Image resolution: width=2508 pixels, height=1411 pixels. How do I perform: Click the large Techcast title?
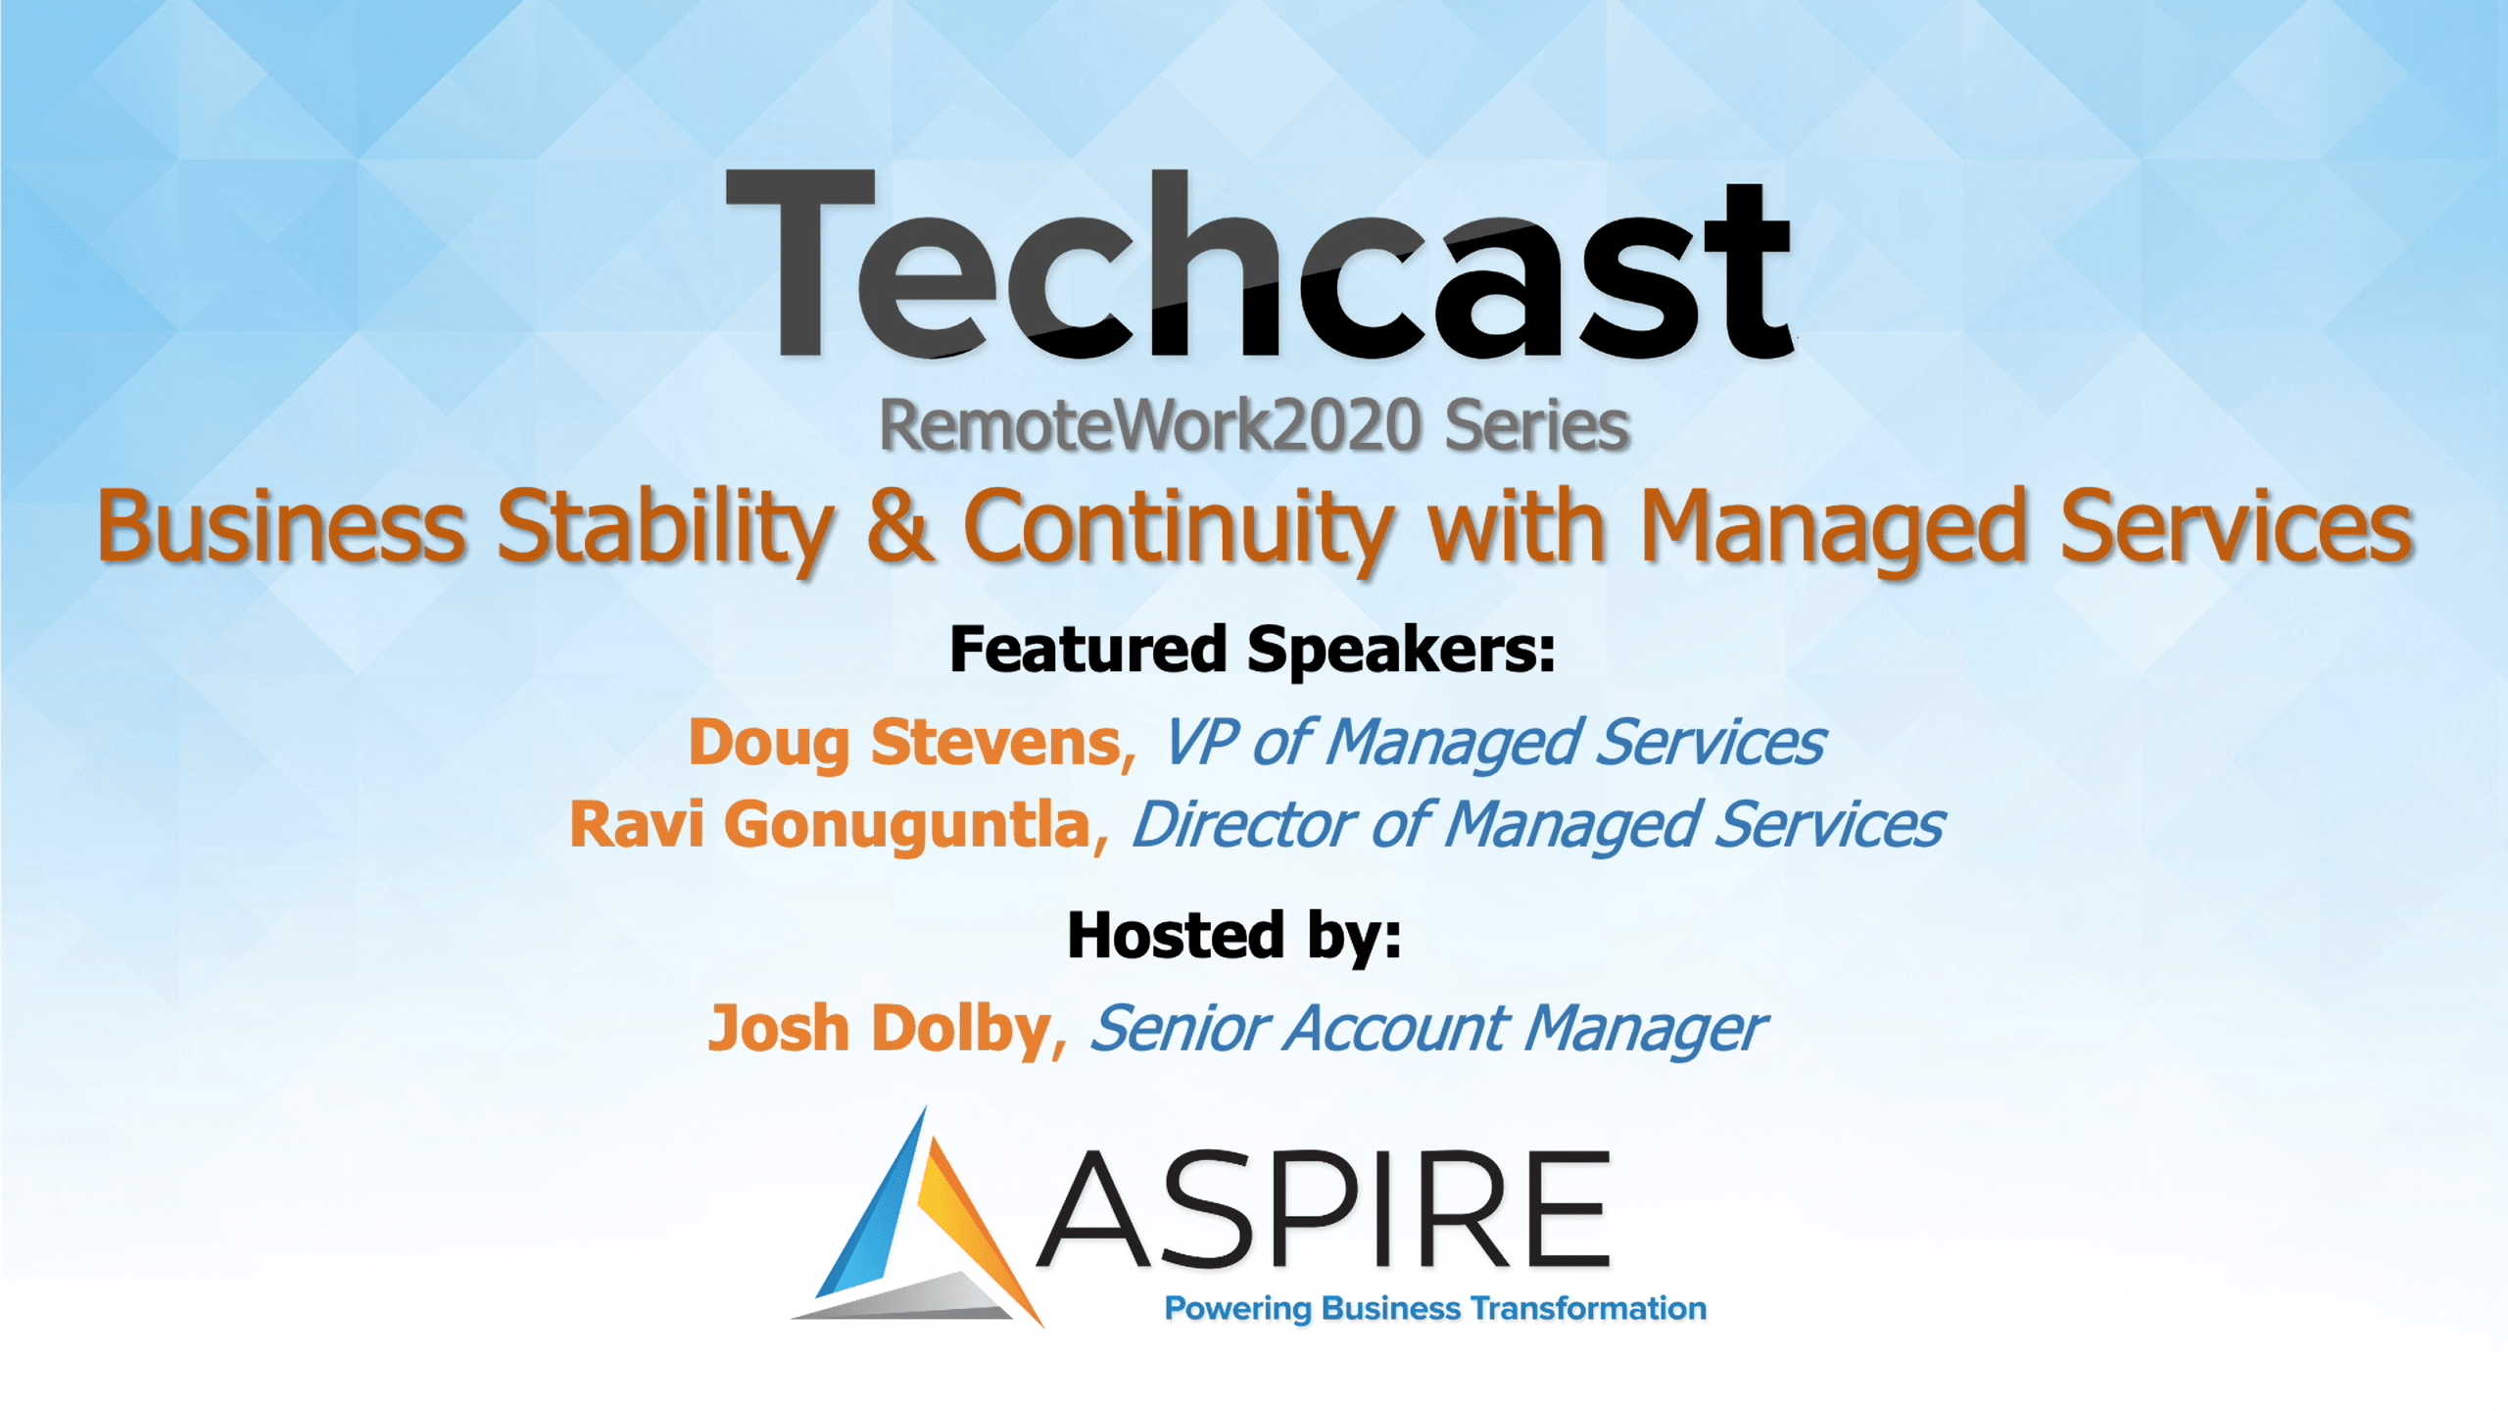1259,265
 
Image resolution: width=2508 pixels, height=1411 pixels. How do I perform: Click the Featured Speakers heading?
1253,650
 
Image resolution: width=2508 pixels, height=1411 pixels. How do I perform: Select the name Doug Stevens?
905,743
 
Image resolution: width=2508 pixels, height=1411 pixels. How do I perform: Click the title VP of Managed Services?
1494,742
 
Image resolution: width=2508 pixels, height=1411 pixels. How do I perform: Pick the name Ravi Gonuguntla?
831,825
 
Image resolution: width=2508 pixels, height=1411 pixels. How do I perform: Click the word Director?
1244,824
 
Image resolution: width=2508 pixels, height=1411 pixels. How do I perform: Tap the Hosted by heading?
1234,937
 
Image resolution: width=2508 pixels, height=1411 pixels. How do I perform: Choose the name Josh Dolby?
880,1029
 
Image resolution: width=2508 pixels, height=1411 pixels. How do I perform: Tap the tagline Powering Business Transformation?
1435,1309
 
